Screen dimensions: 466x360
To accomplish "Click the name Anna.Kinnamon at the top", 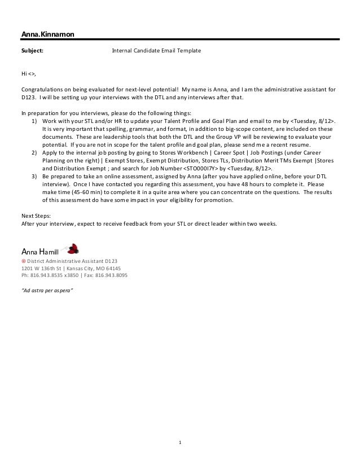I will click(47, 35).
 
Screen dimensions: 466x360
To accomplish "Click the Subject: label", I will click(32, 51).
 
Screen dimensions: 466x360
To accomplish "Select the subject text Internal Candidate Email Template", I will click(156, 51).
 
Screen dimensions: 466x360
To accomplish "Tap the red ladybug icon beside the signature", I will click(72, 248).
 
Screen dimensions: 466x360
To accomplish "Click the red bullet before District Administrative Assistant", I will click(23, 261).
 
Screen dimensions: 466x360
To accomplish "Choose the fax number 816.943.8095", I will click(111, 276).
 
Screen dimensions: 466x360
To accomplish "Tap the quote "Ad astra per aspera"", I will click(46, 292).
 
